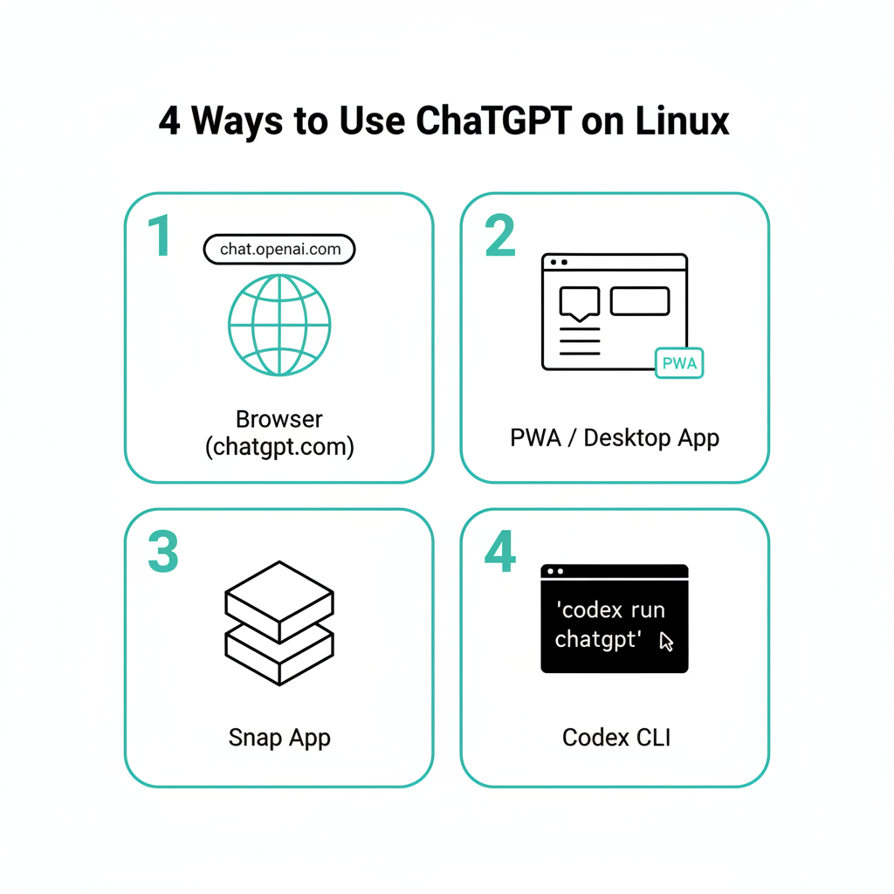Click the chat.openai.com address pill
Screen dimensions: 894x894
[x=279, y=250]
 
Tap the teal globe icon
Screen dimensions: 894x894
[x=279, y=325]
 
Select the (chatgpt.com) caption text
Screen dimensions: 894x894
[x=279, y=448]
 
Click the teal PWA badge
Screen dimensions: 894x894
[x=679, y=363]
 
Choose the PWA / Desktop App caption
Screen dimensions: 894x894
[x=615, y=437]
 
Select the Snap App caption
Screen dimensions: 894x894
[x=279, y=738]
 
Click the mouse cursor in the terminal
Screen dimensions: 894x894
[x=667, y=643]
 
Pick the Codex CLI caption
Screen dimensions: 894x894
[x=615, y=738]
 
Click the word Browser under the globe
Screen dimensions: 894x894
[x=279, y=419]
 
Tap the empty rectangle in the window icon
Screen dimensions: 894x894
[x=640, y=300]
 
